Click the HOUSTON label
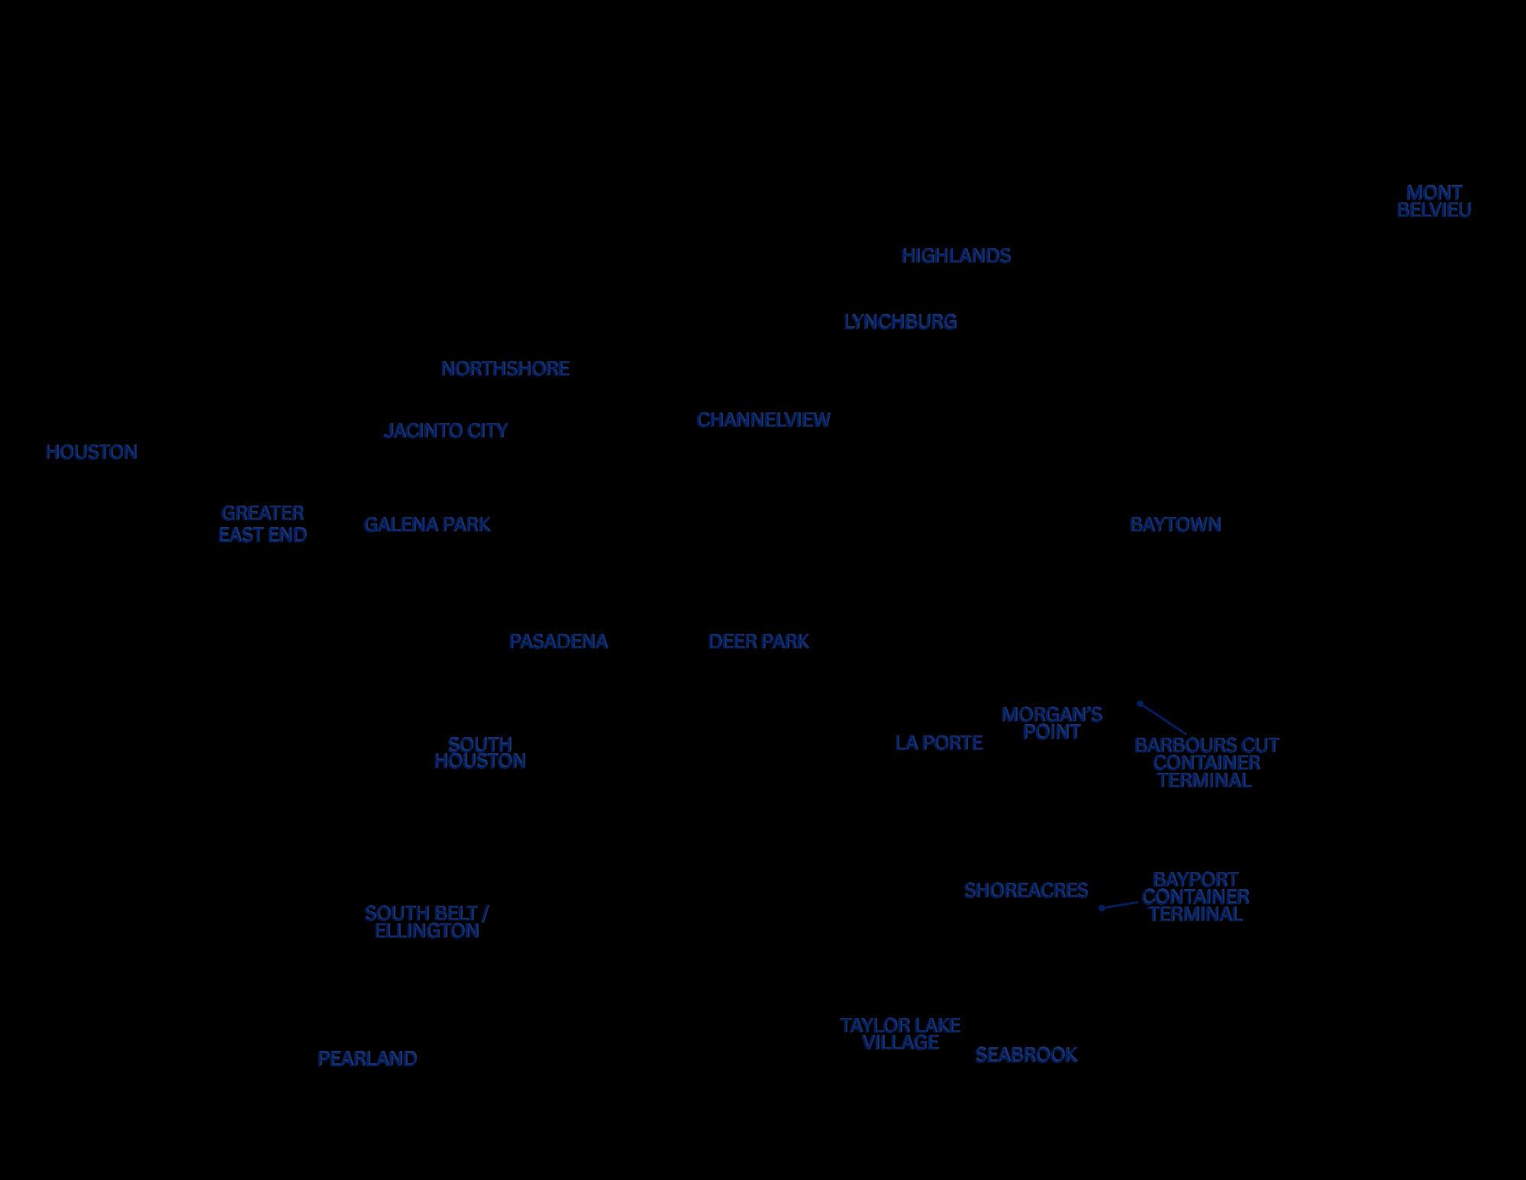click(x=92, y=452)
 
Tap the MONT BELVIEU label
click(x=1434, y=202)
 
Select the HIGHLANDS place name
click(x=956, y=256)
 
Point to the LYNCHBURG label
click(x=900, y=322)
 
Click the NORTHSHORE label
click(x=505, y=369)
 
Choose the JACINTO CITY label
click(x=446, y=431)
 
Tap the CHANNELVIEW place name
click(x=763, y=420)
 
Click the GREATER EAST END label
click(x=263, y=524)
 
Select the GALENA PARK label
click(x=427, y=525)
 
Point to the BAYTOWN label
click(x=1175, y=525)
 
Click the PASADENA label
click(x=559, y=642)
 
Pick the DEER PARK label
click(x=759, y=642)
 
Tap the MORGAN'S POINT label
click(x=1052, y=723)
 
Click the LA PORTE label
click(x=939, y=743)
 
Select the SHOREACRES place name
click(x=1026, y=891)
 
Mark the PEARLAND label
click(x=367, y=1059)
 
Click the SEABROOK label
click(x=1026, y=1055)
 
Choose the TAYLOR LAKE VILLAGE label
click(x=900, y=1033)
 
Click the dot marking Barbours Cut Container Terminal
click(x=1140, y=703)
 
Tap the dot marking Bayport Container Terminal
click(x=1102, y=908)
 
